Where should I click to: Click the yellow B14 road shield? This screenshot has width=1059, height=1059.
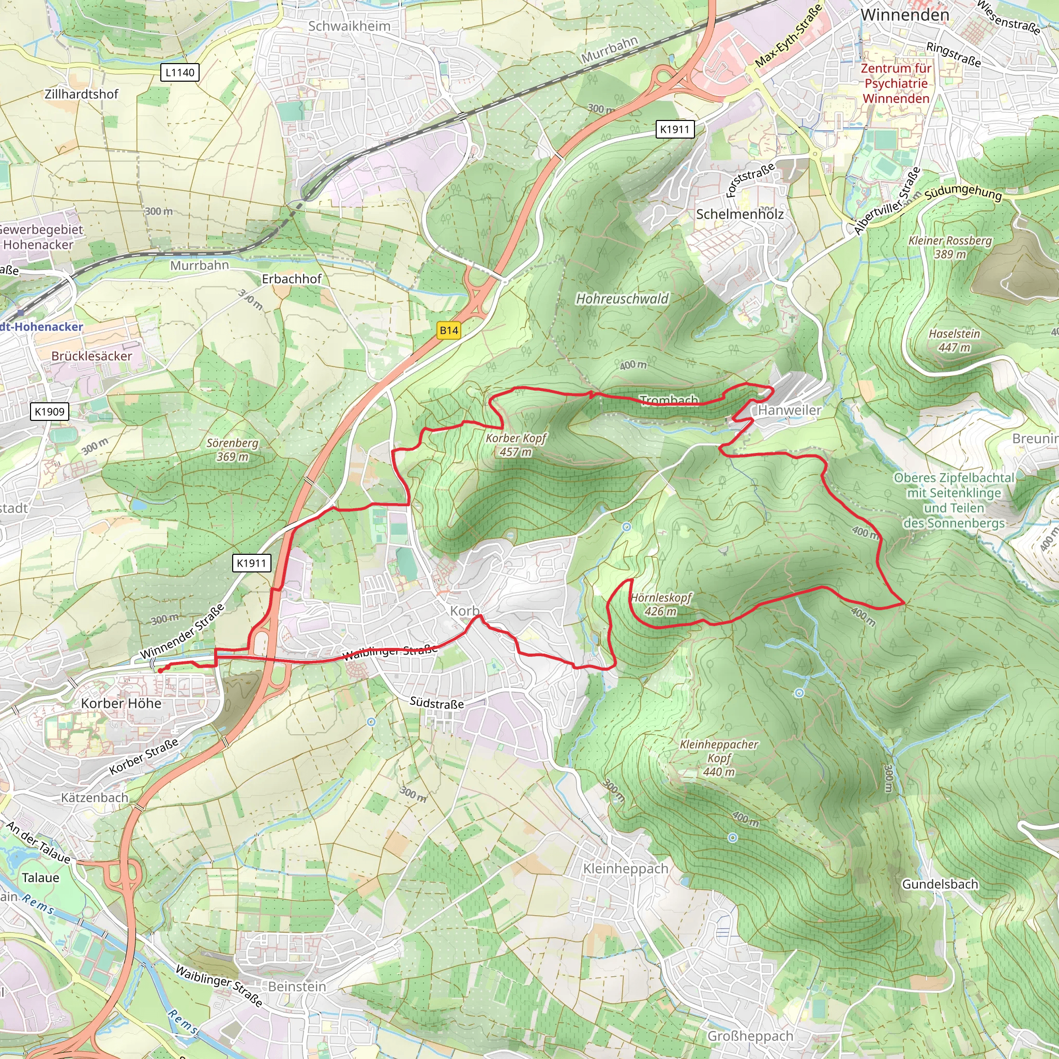point(448,330)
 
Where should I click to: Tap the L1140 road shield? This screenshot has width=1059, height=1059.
point(180,72)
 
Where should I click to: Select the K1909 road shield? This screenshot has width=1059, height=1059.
point(49,412)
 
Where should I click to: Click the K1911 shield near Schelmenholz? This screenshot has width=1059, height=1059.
point(674,129)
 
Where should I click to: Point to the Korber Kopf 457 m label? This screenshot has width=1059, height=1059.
point(516,445)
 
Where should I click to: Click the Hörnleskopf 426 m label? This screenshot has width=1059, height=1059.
point(661,604)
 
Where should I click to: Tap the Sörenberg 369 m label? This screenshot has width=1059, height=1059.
point(232,449)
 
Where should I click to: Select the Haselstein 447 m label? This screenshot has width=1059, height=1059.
point(955,340)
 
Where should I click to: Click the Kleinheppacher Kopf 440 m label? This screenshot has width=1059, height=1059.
point(719,758)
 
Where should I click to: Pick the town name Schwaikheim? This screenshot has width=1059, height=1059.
point(349,26)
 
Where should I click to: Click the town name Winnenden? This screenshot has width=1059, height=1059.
point(904,15)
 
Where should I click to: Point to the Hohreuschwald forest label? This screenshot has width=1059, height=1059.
point(622,299)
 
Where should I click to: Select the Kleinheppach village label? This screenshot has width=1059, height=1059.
point(626,869)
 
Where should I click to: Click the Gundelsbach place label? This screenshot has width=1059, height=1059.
point(940,884)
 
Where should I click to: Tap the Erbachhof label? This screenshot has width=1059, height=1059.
point(292,279)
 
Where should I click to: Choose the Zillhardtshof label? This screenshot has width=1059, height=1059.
point(81,94)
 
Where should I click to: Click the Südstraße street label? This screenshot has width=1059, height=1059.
point(437,703)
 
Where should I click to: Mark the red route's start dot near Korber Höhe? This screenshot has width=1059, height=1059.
point(159,670)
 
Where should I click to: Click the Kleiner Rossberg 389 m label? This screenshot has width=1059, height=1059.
point(950,247)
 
